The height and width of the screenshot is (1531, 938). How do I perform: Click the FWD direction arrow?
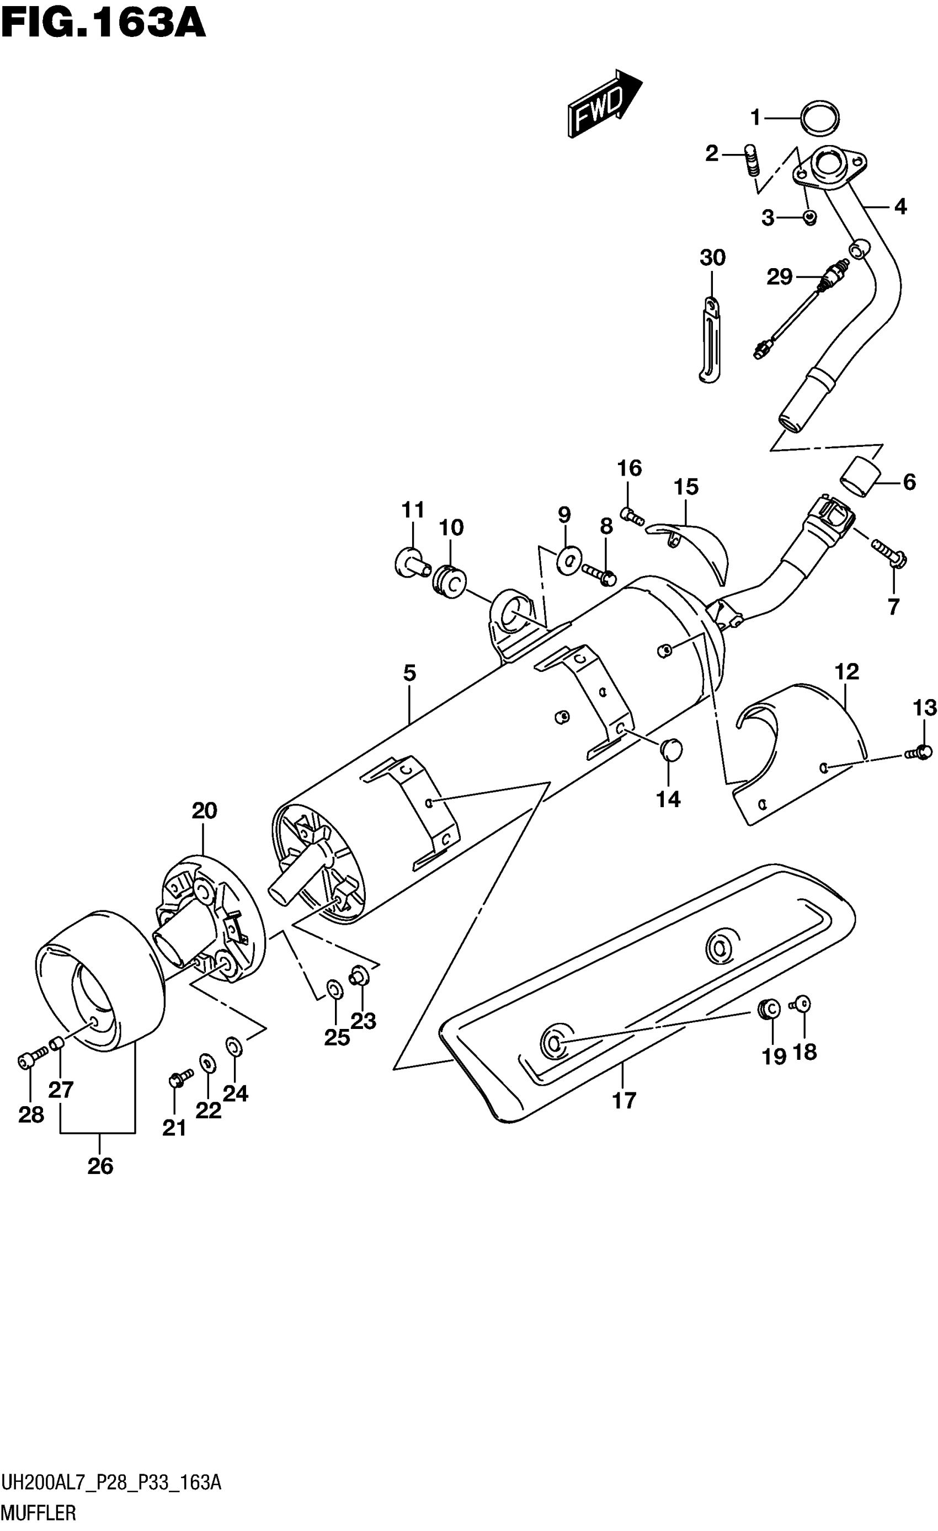(x=603, y=103)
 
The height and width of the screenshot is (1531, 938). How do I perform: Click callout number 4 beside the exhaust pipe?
(x=900, y=206)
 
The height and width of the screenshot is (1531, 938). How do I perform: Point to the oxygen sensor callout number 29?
(x=779, y=276)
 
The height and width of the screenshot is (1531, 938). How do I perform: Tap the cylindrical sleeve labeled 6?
(x=861, y=477)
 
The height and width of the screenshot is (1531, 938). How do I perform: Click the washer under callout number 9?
(x=566, y=557)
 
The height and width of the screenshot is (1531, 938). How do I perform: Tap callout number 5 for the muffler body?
(x=409, y=673)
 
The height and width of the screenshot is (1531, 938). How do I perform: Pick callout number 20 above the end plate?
(x=204, y=811)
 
